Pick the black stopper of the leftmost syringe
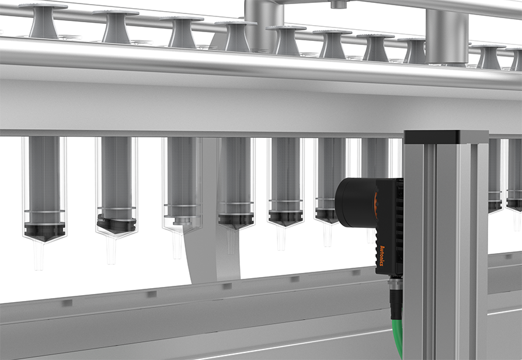point(44,232)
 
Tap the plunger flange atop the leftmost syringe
point(43,6)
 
